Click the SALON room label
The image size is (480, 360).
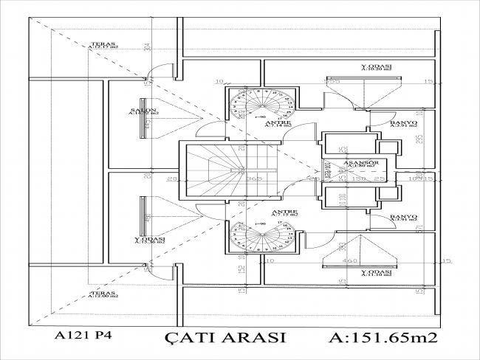pyautogui.click(x=144, y=110)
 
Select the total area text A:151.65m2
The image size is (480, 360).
pyautogui.click(x=383, y=338)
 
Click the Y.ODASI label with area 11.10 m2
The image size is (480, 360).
pyautogui.click(x=376, y=272)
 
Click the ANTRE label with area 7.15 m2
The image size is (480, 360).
pyautogui.click(x=284, y=213)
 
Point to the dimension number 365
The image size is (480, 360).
pyautogui.click(x=255, y=179)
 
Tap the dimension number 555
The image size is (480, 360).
pyautogui.click(x=334, y=81)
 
